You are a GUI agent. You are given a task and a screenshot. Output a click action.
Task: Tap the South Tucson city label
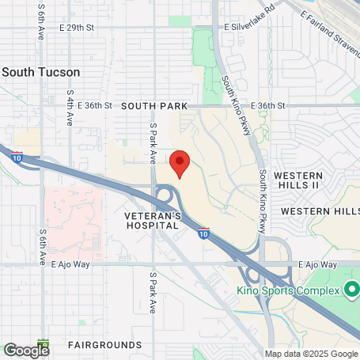coord(40,72)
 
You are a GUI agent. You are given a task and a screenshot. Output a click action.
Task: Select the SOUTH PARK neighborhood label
coord(154,106)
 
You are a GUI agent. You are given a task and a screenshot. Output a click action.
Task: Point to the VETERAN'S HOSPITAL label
coord(153,220)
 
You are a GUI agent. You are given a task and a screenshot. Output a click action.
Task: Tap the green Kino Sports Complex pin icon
coord(351,290)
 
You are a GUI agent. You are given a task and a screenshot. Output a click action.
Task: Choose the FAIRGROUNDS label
coord(98,346)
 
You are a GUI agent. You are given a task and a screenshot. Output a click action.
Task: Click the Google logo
coord(25,349)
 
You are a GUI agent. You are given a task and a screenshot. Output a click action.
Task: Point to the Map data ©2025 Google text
coord(310,354)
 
